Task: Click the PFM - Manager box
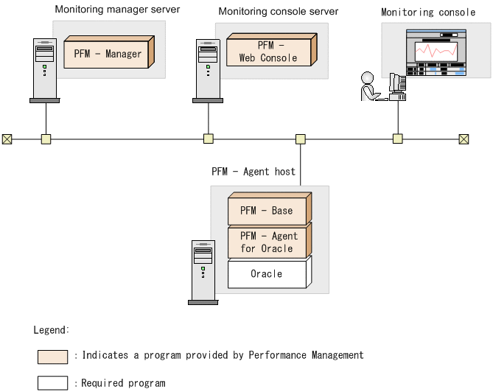(108, 54)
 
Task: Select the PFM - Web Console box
(268, 52)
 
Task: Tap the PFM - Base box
(266, 211)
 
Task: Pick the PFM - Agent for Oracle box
(266, 242)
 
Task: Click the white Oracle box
(266, 273)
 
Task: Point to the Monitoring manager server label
(117, 10)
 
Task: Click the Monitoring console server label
(279, 12)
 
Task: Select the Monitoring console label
(428, 13)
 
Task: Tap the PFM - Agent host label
(254, 172)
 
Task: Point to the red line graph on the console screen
(435, 52)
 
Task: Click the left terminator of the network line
(7, 139)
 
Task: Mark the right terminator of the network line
(464, 139)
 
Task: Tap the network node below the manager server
(46, 139)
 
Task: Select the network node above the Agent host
(300, 139)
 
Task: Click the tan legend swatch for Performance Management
(52, 357)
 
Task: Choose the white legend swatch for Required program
(52, 383)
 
